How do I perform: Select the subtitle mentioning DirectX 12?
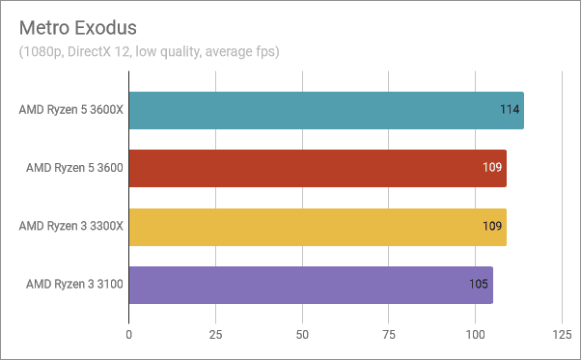tap(149, 50)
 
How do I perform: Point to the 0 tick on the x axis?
tap(129, 334)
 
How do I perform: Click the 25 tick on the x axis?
tap(215, 334)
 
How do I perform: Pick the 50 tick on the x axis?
tap(302, 334)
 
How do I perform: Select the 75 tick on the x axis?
tap(389, 334)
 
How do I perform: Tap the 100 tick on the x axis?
tap(475, 334)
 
